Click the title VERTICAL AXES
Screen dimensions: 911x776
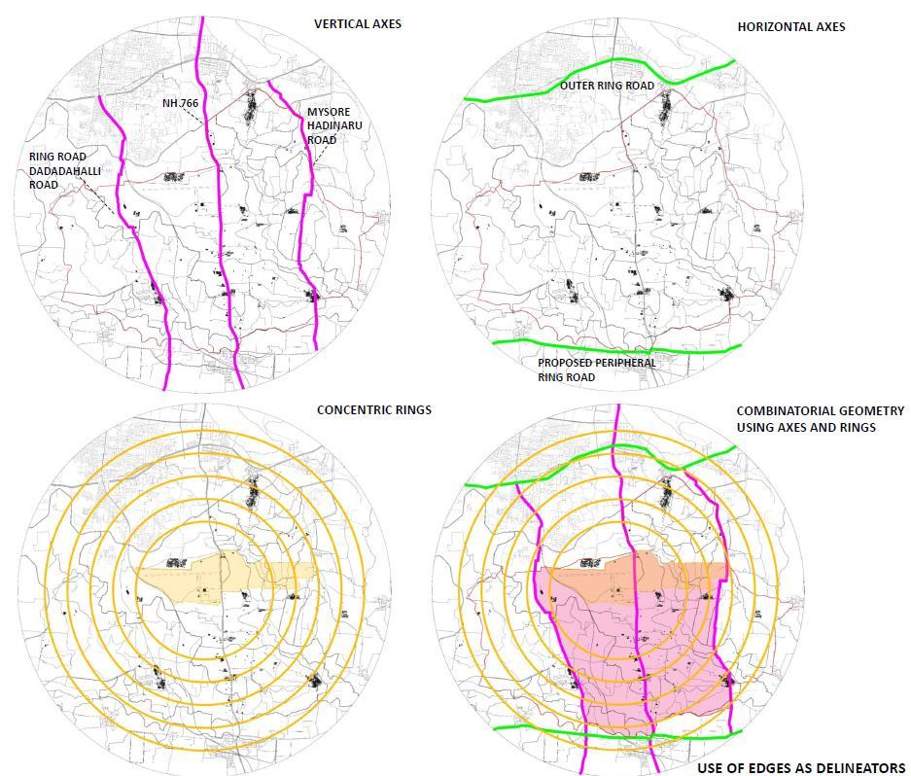pyautogui.click(x=357, y=23)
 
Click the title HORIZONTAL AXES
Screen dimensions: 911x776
pyautogui.click(x=790, y=26)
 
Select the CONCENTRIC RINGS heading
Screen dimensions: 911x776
pyautogui.click(x=373, y=409)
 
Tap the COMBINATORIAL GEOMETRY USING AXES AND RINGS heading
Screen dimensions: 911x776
pyautogui.click(x=820, y=419)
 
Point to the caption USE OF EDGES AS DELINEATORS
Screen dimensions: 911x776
pyautogui.click(x=800, y=768)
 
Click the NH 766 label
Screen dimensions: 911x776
pyautogui.click(x=180, y=102)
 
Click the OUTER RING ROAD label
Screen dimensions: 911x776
pyautogui.click(x=607, y=86)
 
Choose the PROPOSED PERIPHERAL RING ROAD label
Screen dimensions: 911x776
pyautogui.click(x=597, y=370)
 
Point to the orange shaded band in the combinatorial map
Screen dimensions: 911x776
pyautogui.click(x=671, y=580)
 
